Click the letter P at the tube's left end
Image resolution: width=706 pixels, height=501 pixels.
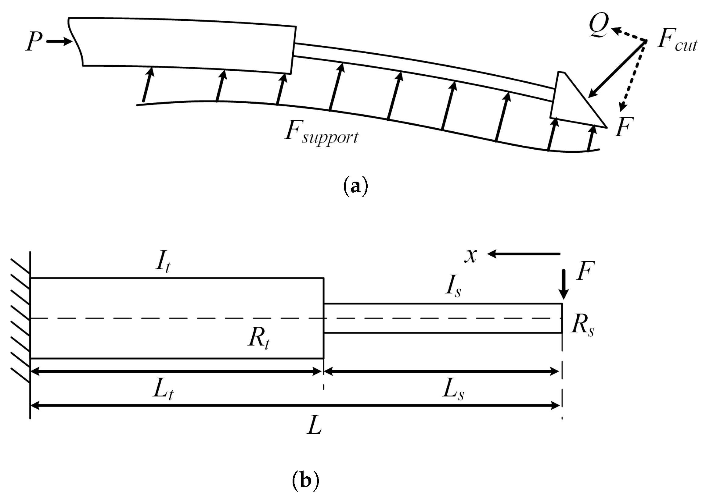34,42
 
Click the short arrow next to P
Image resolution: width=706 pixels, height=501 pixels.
59,41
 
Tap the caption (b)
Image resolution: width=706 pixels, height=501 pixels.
305,480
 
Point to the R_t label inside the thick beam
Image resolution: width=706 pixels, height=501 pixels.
258,340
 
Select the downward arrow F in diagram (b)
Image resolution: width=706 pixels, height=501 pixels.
564,284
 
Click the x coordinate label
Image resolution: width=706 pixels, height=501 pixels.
471,255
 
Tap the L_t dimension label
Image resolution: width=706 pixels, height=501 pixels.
163,391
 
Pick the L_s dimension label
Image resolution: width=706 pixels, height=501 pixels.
453,391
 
